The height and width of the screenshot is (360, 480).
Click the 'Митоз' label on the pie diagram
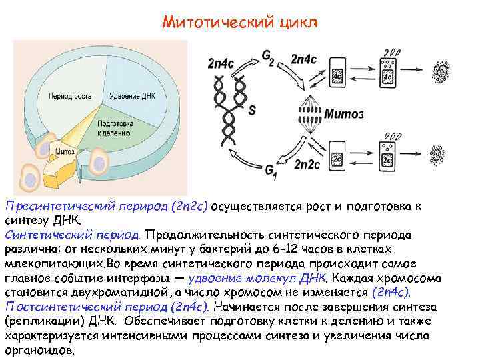pos(65,151)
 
